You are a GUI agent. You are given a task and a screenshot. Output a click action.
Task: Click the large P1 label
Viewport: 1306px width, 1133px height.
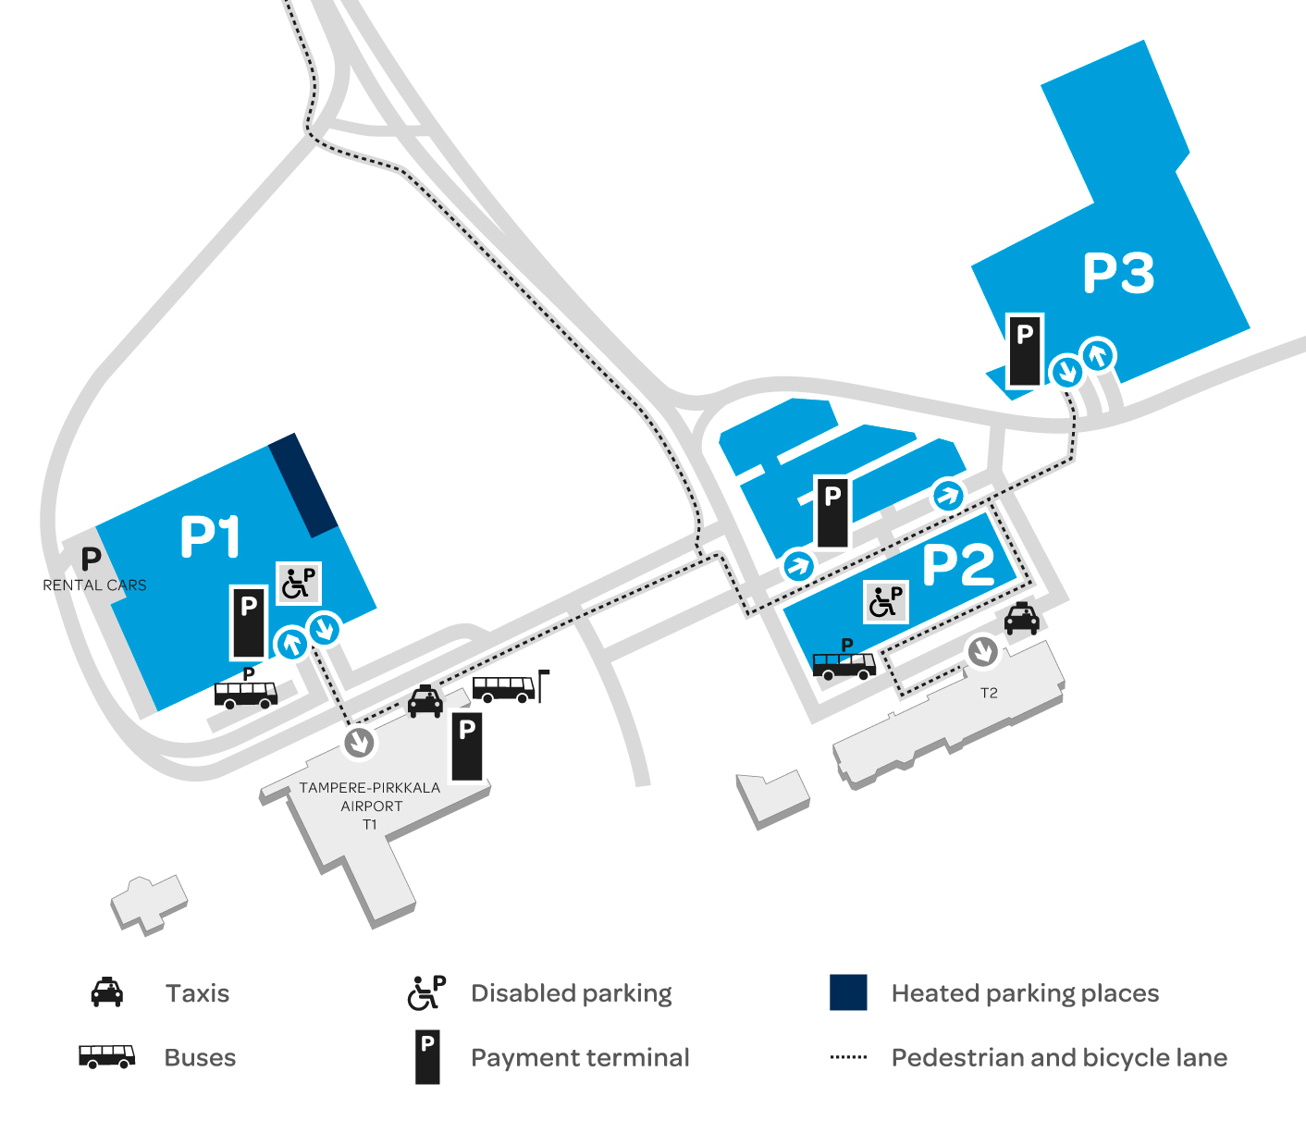coord(210,537)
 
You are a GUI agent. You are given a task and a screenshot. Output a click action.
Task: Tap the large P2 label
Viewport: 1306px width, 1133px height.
coord(958,564)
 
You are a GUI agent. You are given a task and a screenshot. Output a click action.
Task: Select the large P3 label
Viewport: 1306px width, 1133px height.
coord(1118,273)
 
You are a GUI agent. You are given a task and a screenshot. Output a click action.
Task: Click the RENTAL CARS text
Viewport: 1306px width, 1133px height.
coord(94,585)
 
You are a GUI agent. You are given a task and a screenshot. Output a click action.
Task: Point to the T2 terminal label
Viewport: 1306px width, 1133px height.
coord(989,693)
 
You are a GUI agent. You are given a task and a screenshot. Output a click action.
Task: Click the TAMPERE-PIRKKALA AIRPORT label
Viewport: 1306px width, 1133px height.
coord(370,797)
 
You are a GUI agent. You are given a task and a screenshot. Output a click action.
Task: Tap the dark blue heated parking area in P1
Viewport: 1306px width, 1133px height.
coord(303,485)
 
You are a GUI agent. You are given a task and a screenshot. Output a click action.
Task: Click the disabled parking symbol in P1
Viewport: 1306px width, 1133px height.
coord(299,583)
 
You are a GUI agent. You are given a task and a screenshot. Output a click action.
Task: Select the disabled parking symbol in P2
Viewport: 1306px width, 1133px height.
coord(885,602)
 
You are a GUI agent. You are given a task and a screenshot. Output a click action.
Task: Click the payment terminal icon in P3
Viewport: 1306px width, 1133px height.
coord(1024,351)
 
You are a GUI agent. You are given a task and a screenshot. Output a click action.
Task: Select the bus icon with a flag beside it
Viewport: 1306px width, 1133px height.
coord(504,688)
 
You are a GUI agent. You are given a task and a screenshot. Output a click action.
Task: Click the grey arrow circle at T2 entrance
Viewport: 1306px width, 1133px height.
coord(982,652)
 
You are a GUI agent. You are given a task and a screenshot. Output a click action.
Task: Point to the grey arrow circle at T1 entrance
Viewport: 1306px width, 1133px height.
coord(359,741)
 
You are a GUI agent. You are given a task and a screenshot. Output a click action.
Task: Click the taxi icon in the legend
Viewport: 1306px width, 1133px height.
coord(107,992)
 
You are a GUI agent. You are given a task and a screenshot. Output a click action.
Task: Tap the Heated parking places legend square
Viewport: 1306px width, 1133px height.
coord(848,992)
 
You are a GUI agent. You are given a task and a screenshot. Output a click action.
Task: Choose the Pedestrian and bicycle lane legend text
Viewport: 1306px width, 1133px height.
coord(1059,1057)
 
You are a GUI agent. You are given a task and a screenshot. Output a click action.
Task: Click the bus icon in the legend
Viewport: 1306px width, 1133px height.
coord(106,1056)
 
